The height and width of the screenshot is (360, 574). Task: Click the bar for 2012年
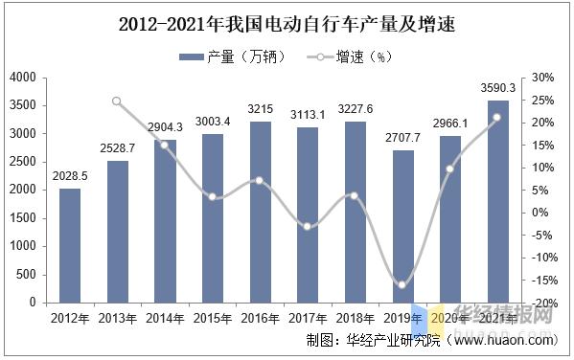pyautogui.click(x=70, y=245)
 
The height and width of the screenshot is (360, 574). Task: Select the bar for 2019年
pyautogui.click(x=404, y=226)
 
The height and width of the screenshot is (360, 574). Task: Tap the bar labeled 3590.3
pyautogui.click(x=498, y=201)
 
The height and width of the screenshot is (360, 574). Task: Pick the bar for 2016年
pyautogui.click(x=259, y=212)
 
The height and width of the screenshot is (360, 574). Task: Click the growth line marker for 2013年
pyautogui.click(x=117, y=101)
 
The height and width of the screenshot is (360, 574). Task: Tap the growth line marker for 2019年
pyautogui.click(x=402, y=284)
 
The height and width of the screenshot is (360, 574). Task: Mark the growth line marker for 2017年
pyautogui.click(x=308, y=226)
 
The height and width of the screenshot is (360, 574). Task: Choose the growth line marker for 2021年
pyautogui.click(x=496, y=118)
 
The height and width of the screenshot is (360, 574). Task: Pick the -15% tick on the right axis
pyautogui.click(x=541, y=280)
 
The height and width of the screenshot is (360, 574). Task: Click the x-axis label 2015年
pyautogui.click(x=211, y=318)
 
